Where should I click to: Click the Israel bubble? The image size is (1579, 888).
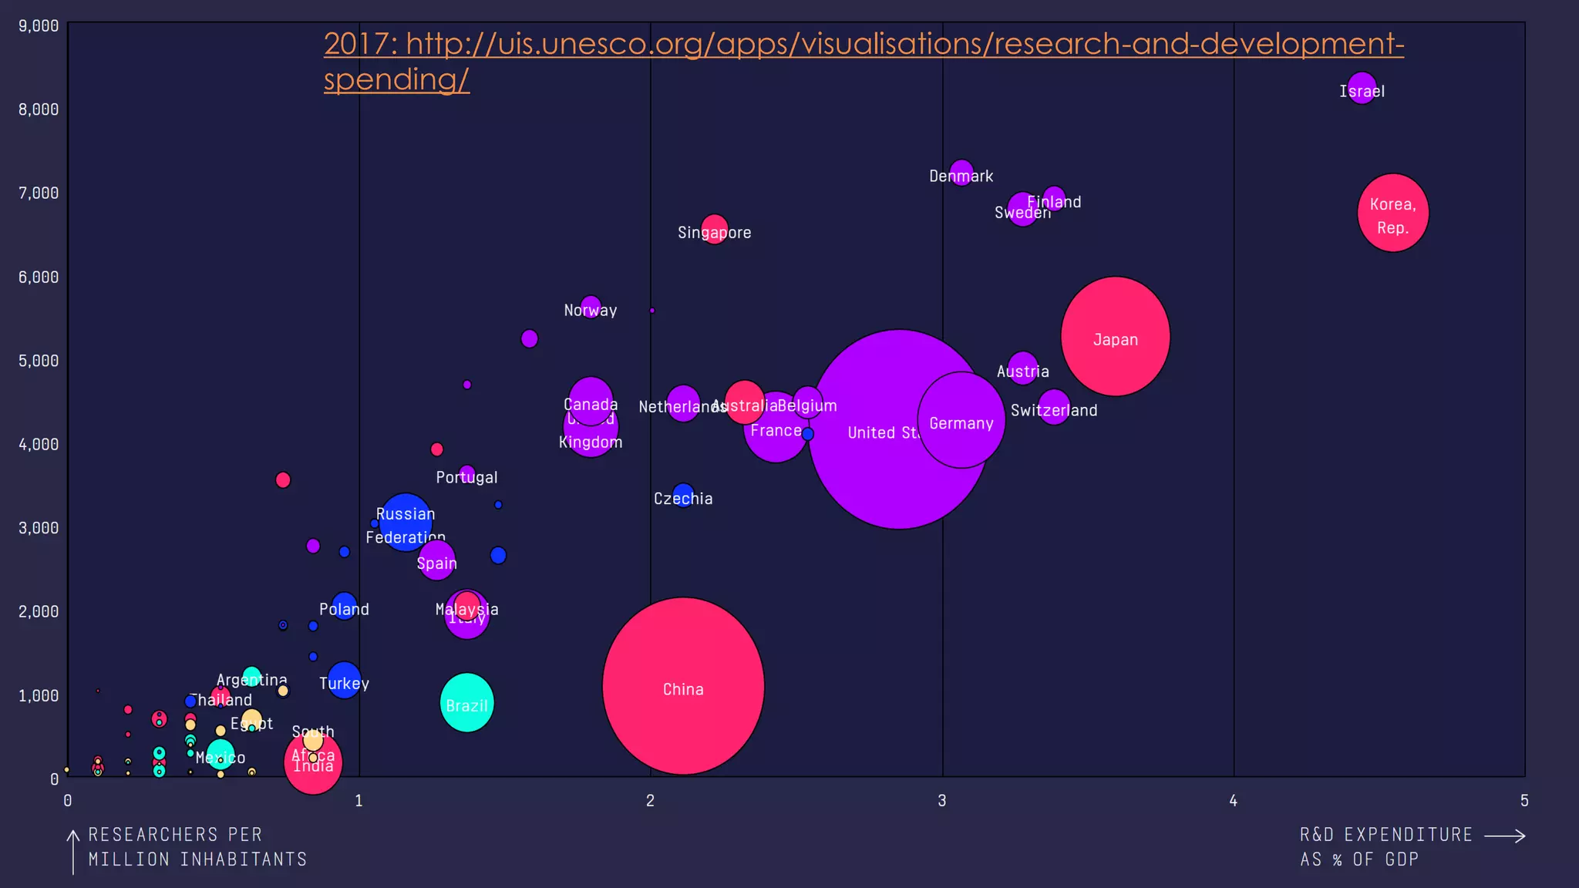point(1362,86)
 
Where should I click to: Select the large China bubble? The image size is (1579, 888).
point(683,685)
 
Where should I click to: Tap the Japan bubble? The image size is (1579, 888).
point(1115,336)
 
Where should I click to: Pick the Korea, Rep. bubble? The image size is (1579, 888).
point(1392,213)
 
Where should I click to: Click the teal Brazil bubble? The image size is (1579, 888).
point(466,702)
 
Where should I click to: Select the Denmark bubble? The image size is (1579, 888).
point(961,171)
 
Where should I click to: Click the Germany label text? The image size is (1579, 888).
point(961,423)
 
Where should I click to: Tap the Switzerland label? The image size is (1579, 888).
point(1053,411)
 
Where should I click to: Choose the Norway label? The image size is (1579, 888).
point(590,311)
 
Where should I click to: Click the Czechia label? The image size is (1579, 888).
point(683,499)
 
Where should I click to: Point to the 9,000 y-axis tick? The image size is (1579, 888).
point(39,26)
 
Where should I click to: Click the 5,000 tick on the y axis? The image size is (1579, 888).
point(39,361)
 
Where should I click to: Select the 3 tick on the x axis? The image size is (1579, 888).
point(941,801)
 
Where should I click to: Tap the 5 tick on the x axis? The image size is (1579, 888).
point(1523,801)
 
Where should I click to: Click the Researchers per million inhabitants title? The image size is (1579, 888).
point(197,846)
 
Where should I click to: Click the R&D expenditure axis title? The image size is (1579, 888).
point(1385,846)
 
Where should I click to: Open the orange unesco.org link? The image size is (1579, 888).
point(864,45)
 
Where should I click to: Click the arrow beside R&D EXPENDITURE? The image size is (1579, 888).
point(1504,836)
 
